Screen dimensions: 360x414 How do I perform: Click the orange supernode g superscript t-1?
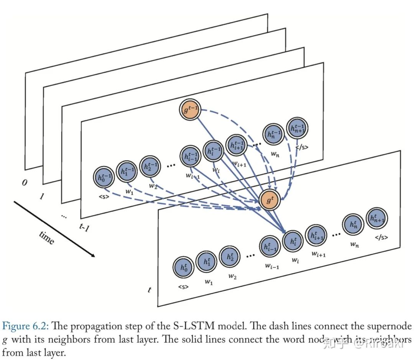[189, 110]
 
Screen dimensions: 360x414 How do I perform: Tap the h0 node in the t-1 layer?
[103, 178]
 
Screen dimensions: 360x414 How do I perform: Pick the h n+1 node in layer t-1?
[297, 129]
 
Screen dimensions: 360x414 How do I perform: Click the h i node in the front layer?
[292, 241]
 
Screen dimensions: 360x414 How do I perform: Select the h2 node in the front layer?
[230, 256]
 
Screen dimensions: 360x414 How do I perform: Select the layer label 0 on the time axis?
[24, 183]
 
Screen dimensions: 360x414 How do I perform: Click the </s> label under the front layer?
[381, 237]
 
